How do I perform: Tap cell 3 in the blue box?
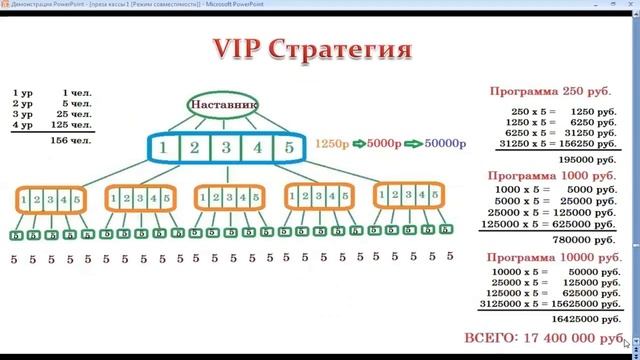(x=227, y=148)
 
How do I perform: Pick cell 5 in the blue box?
(x=289, y=148)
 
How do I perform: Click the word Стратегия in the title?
(x=346, y=50)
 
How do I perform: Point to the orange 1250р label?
(x=331, y=144)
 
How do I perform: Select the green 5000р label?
(x=385, y=144)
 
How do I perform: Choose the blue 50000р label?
(x=444, y=144)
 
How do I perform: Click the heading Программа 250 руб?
(x=549, y=91)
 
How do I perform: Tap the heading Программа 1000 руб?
(x=549, y=175)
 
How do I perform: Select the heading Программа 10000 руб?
(x=549, y=258)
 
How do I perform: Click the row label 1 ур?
(x=23, y=92)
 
